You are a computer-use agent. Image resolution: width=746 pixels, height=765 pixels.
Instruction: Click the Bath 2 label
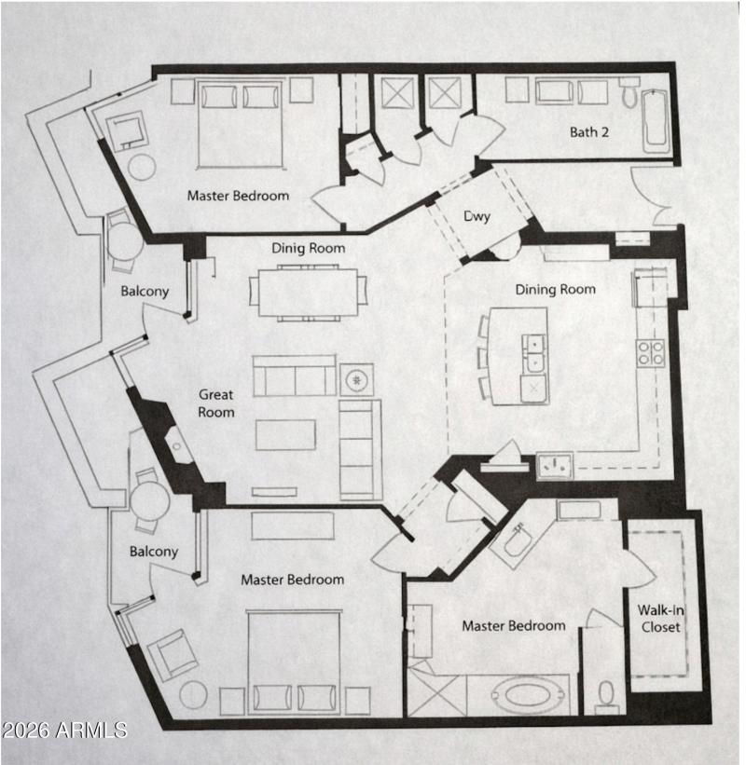[x=589, y=132]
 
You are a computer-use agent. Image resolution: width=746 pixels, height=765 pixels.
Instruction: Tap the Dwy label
[x=477, y=217]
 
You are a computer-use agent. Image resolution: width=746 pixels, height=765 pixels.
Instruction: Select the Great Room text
[x=216, y=403]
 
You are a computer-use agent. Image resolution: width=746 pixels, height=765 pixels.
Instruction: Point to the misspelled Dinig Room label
[x=308, y=248]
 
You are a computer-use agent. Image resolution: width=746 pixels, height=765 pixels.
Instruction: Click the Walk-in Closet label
[x=659, y=619]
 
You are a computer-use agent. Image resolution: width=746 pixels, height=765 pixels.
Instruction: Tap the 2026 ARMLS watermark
[x=64, y=729]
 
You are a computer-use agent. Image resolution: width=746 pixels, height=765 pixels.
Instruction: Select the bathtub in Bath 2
[x=656, y=119]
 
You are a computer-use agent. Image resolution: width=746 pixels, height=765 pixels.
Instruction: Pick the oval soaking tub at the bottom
[x=528, y=694]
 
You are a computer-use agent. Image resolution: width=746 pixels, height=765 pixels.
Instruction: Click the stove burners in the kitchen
[x=651, y=352]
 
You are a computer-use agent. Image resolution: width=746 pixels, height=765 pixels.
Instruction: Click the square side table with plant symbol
[x=356, y=379]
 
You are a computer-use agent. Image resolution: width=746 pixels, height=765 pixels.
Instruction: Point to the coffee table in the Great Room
[x=285, y=434]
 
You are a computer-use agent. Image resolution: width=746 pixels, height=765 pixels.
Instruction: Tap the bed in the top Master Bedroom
[x=240, y=123]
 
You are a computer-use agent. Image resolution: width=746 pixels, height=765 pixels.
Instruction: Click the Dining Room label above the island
[x=555, y=290]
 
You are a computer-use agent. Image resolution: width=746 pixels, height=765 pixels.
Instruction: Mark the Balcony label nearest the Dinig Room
[x=145, y=291]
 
